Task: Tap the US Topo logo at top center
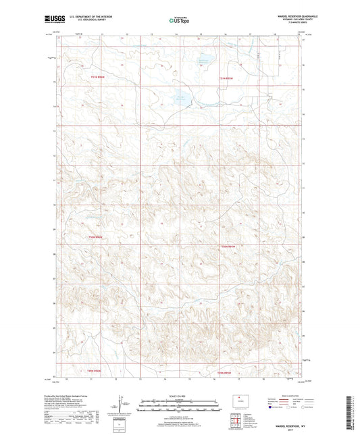click(180, 20)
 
